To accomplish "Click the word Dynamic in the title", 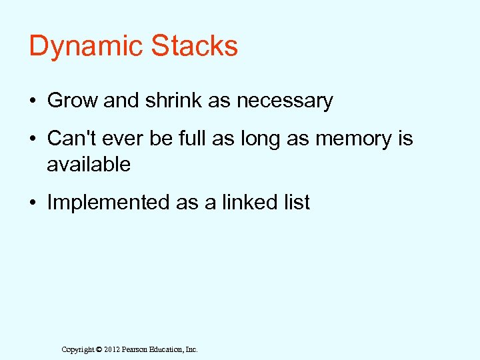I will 86,47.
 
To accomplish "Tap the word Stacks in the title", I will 195,46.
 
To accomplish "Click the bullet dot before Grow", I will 33,101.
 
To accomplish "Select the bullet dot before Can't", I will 33,139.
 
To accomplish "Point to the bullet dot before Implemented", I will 33,203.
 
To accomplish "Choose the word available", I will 89,164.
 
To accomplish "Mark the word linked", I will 249,202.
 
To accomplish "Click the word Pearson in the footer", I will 138,349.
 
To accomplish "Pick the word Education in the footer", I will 170,349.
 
